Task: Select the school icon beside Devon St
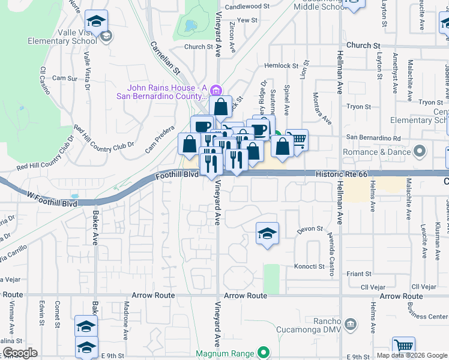pyautogui.click(x=267, y=233)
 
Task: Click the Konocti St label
pyautogui.click(x=309, y=266)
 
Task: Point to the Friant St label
pyautogui.click(x=359, y=274)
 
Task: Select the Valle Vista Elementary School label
pyautogui.click(x=62, y=37)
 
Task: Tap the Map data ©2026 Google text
pyautogui.click(x=411, y=355)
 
